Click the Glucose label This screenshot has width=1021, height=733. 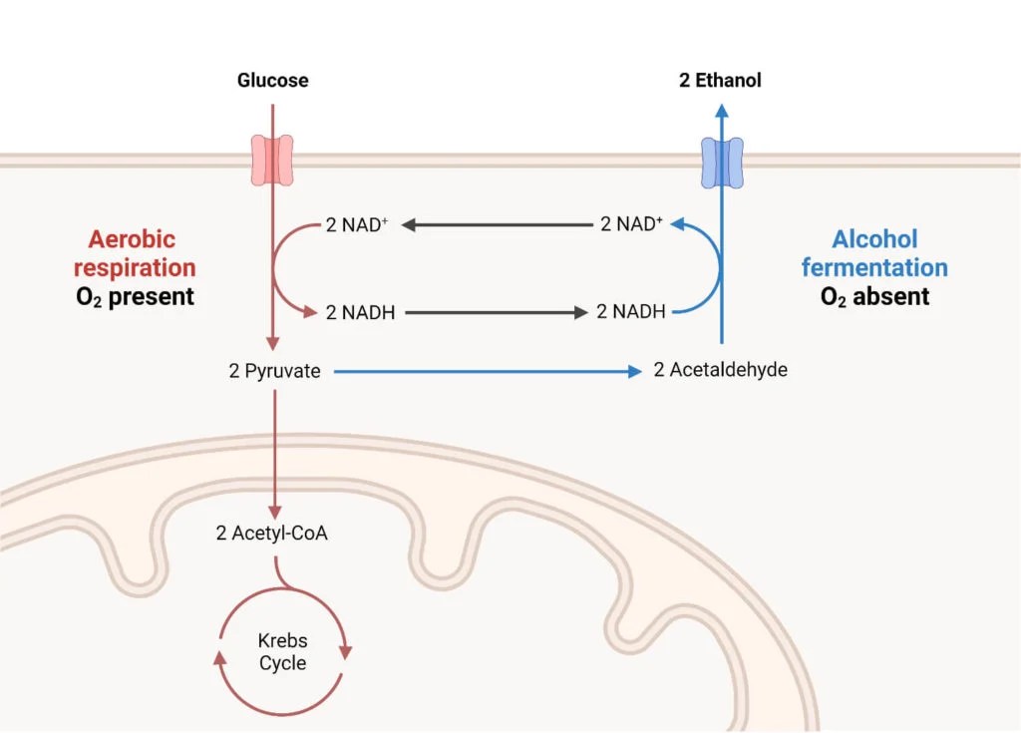tap(272, 81)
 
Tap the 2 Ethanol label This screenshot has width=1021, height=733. tap(720, 81)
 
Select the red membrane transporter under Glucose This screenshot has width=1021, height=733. tap(272, 162)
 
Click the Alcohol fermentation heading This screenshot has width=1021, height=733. tap(874, 253)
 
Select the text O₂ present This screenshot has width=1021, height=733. tap(135, 297)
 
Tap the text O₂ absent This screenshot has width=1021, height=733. tap(874, 297)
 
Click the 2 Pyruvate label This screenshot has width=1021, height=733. tap(274, 371)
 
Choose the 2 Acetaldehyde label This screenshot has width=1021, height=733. tap(720, 370)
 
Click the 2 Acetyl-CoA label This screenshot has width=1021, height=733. tap(272, 533)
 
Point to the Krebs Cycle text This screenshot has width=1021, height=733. tap(282, 652)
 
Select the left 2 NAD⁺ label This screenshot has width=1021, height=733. tap(357, 224)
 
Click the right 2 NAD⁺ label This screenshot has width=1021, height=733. tap(631, 224)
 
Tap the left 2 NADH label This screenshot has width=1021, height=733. tap(360, 312)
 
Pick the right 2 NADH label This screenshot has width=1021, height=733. tap(630, 312)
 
